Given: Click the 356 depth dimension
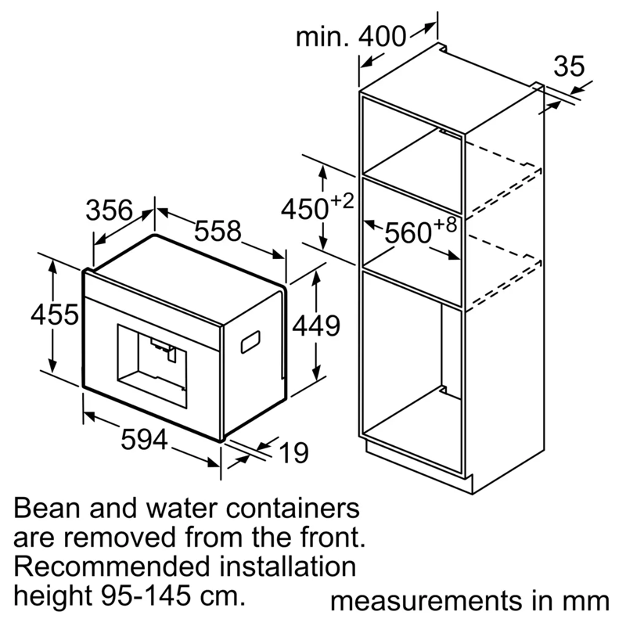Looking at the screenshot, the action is (x=109, y=210).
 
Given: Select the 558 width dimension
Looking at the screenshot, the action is (x=218, y=231).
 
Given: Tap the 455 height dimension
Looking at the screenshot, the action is (x=55, y=315).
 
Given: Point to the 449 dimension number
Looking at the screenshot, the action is (x=316, y=326).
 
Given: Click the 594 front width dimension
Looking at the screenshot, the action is (x=144, y=439).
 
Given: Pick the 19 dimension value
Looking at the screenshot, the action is (x=294, y=453).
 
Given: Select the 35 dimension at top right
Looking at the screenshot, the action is (x=569, y=67).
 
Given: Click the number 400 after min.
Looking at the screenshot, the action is (x=382, y=37).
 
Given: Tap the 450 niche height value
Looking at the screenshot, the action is (x=304, y=209).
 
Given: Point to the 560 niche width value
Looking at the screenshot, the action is (x=408, y=232).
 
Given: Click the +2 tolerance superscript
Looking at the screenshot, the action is (x=342, y=201).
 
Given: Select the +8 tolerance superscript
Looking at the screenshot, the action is (x=445, y=225).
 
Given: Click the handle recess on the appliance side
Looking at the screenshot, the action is (x=250, y=342).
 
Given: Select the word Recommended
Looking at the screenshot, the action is (x=111, y=567).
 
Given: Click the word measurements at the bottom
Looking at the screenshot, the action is (x=426, y=601).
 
